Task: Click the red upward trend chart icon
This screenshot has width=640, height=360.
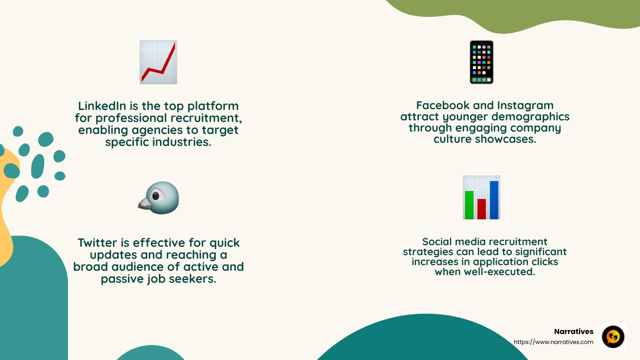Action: (158, 62)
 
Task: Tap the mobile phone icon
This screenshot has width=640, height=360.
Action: (481, 62)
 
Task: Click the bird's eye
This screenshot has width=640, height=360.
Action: (156, 196)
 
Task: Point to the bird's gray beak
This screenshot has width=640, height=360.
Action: (144, 204)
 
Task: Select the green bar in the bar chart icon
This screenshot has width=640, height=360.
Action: (469, 205)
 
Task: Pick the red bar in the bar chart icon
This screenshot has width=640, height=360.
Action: (482, 209)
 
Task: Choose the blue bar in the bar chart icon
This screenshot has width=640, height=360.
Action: (494, 200)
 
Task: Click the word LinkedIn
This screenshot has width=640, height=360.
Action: (102, 106)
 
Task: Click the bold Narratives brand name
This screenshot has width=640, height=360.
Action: (574, 332)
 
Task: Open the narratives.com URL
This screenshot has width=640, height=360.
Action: (554, 342)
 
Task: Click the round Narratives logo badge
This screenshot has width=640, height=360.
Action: (613, 337)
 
